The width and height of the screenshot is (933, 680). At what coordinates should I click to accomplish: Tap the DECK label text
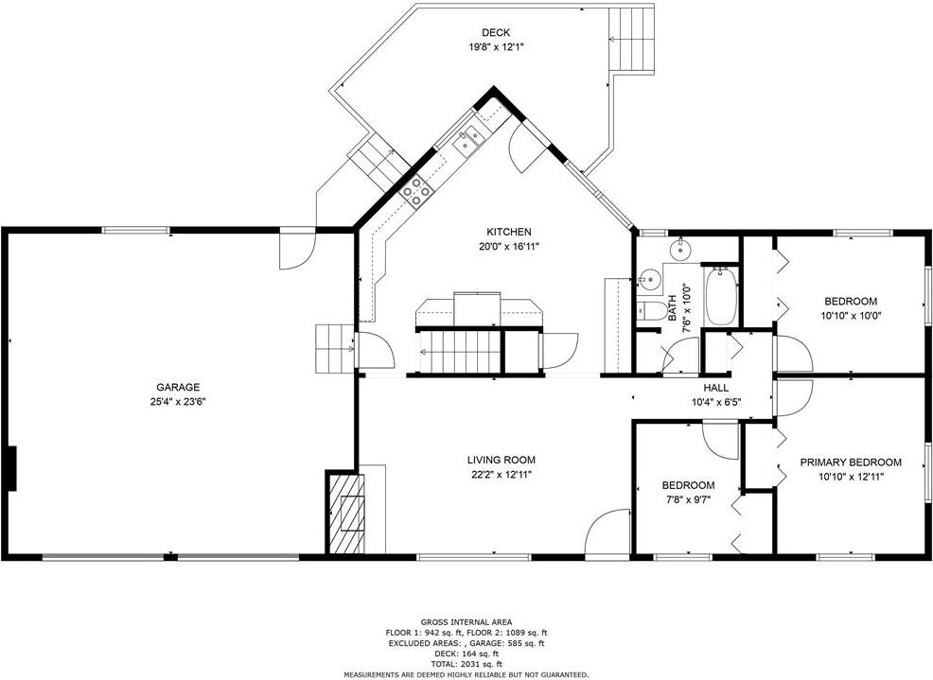(496, 33)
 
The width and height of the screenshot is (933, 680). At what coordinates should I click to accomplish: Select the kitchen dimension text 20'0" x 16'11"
(509, 246)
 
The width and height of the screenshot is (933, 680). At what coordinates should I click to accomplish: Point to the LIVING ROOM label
(501, 460)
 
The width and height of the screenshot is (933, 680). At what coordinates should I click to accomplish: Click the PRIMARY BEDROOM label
(851, 462)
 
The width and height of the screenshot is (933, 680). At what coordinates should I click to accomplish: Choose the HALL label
(715, 388)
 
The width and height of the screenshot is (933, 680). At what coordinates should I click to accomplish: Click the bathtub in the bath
(721, 296)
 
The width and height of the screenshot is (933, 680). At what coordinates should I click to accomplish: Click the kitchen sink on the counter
(470, 140)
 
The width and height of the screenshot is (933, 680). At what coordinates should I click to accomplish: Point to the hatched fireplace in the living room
(345, 514)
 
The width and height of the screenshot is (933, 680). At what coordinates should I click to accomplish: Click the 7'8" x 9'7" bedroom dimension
(689, 499)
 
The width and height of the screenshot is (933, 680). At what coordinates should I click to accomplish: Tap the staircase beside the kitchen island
(460, 352)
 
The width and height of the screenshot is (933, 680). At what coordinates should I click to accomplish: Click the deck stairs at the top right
(632, 38)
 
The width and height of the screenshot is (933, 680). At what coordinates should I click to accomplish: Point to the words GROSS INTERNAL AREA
(466, 622)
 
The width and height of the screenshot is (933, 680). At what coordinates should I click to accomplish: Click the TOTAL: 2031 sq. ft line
(466, 663)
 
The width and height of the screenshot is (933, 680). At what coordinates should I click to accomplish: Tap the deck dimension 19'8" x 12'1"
(496, 47)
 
